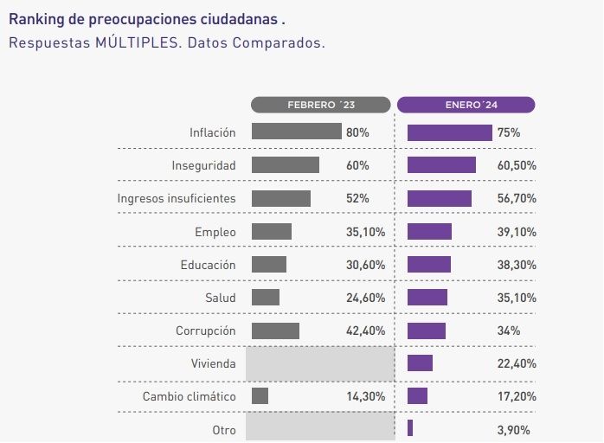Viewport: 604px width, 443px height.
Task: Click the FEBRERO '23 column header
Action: click(321, 105)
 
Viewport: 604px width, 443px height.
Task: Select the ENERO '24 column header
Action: click(466, 105)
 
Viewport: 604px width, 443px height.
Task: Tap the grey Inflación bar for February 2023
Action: click(296, 132)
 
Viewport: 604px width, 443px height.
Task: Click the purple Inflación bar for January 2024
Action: click(449, 132)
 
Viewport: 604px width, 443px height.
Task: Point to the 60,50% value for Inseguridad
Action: click(517, 165)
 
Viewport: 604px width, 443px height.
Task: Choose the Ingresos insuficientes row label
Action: click(177, 198)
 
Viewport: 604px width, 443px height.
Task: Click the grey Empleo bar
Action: click(272, 231)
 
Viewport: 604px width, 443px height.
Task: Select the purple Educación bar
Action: click(428, 264)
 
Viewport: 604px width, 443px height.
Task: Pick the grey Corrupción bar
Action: click(275, 331)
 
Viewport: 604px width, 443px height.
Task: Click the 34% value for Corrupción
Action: click(509, 331)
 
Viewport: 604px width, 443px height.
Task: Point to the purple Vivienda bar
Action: click(420, 363)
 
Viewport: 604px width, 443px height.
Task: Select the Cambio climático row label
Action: click(189, 396)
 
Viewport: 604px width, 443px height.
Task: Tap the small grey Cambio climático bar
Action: click(260, 396)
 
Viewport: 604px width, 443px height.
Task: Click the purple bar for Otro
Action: click(410, 428)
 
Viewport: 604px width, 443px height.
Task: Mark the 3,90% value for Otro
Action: click(514, 429)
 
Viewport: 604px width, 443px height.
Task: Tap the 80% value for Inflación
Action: click(357, 132)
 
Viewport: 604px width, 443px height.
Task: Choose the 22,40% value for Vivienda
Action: click(517, 363)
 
